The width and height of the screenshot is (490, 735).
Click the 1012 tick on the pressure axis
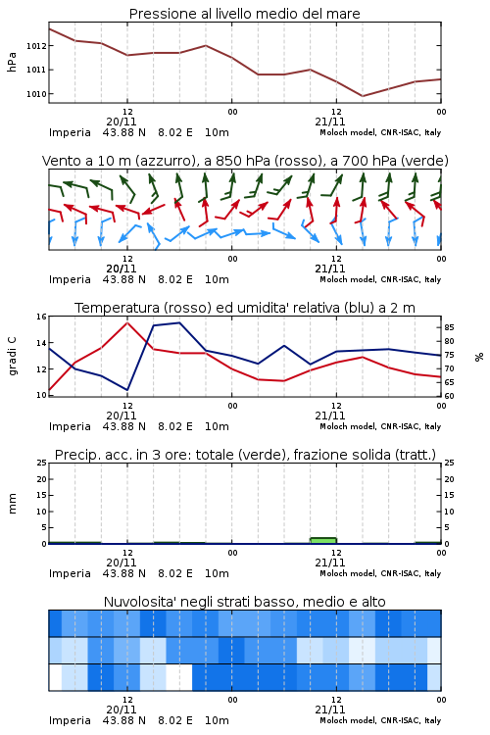36,46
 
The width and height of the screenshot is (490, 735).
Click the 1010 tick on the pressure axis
36,94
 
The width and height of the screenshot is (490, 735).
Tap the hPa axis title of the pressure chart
12,63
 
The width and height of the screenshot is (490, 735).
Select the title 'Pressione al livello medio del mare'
245,14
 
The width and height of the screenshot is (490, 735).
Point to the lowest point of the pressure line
363,96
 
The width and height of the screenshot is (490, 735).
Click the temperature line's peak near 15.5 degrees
127,322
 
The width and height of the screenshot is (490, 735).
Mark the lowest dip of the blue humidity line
127,389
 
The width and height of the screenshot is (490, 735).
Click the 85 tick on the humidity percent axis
449,327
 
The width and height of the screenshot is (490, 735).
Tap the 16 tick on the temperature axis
42,317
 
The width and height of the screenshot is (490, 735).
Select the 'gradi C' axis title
12,357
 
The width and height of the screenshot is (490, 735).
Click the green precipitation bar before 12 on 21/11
323,540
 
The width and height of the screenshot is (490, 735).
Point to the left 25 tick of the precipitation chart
42,463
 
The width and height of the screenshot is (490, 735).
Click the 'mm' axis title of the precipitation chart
12,504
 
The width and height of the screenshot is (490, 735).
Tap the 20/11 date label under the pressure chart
122,122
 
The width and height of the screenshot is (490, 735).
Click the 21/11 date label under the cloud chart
330,710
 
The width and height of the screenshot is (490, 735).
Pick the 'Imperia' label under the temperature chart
70,426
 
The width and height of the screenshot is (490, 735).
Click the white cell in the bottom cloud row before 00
179,677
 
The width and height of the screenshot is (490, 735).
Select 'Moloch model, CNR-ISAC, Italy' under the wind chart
380,279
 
